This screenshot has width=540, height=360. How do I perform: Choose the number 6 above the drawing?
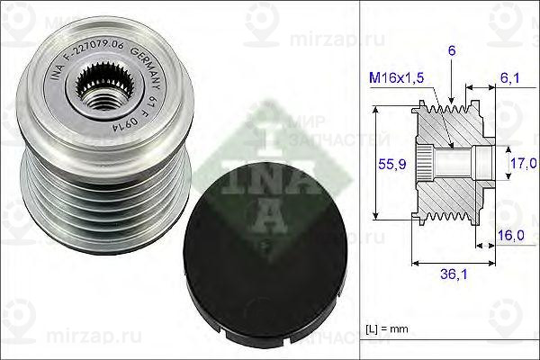pyautogui.click(x=450, y=53)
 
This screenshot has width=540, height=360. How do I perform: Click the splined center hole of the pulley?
pyautogui.click(x=98, y=90)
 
